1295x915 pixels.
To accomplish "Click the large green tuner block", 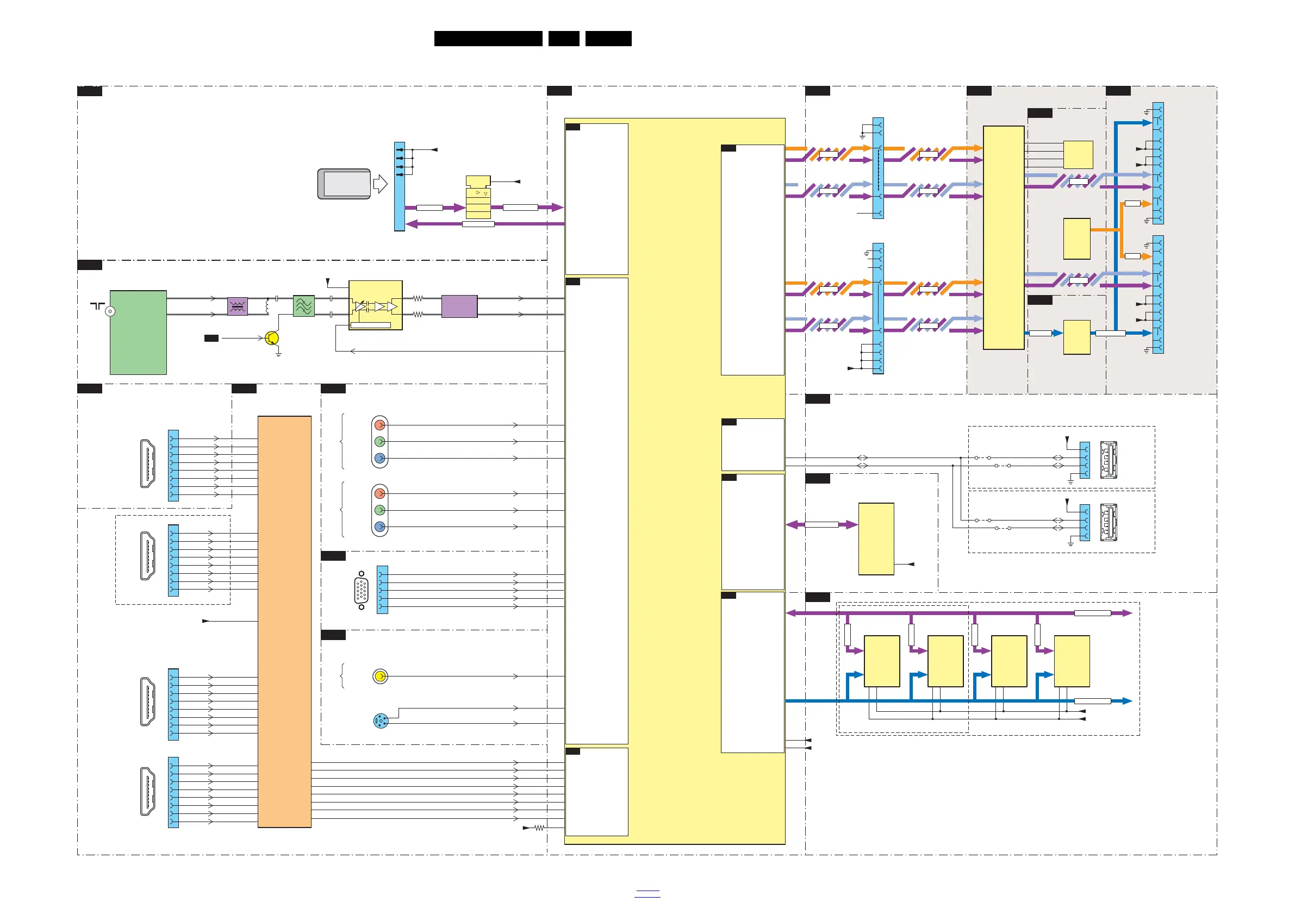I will coord(138,332).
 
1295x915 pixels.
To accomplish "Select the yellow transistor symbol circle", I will coord(272,339).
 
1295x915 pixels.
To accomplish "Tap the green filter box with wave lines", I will coord(303,306).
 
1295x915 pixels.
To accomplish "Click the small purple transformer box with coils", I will coord(238,306).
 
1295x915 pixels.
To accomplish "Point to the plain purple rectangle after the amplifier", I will coord(459,306).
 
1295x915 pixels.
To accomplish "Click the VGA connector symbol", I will coord(362,590).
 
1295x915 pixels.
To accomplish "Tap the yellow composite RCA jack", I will coord(380,676).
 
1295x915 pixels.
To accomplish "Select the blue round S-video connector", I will coord(381,720).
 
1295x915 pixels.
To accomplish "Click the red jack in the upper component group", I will coord(380,425).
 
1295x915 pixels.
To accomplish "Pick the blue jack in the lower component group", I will coord(380,527).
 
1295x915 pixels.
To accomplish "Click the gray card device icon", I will coord(344,184).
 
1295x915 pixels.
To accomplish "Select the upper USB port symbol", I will coord(1109,460).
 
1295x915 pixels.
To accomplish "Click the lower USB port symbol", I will coord(1109,523).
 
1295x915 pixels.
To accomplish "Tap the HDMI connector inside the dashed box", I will coord(147,556).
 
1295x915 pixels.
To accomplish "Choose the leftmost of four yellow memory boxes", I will coord(882,661).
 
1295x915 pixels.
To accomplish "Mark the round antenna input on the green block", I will coord(110,311).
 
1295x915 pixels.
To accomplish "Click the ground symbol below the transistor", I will coord(278,355).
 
